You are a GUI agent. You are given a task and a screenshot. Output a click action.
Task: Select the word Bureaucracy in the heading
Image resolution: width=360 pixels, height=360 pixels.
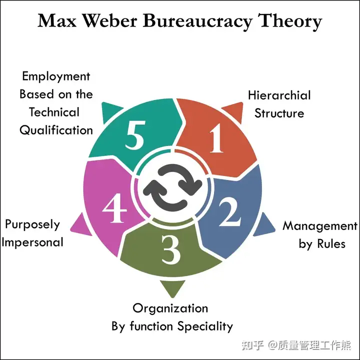pyautogui.click(x=200, y=21)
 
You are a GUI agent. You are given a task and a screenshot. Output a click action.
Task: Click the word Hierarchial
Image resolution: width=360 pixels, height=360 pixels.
pyautogui.click(x=279, y=95)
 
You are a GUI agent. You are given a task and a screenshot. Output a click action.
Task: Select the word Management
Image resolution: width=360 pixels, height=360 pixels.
pyautogui.click(x=320, y=226)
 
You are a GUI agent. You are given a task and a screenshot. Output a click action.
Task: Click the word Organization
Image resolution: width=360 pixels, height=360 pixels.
pyautogui.click(x=170, y=307)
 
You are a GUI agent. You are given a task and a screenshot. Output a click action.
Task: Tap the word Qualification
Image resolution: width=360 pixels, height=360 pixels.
pyautogui.click(x=56, y=130)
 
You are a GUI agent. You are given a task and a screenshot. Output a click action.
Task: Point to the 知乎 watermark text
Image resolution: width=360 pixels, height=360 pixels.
pyautogui.click(x=253, y=345)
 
